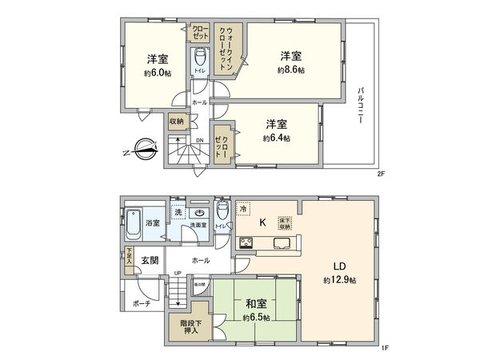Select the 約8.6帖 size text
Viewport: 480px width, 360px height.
tap(291, 70)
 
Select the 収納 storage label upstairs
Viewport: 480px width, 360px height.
tap(176, 122)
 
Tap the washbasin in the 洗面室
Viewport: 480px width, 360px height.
tap(198, 213)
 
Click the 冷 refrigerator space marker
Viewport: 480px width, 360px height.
tap(244, 208)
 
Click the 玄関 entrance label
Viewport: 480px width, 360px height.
tap(150, 260)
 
